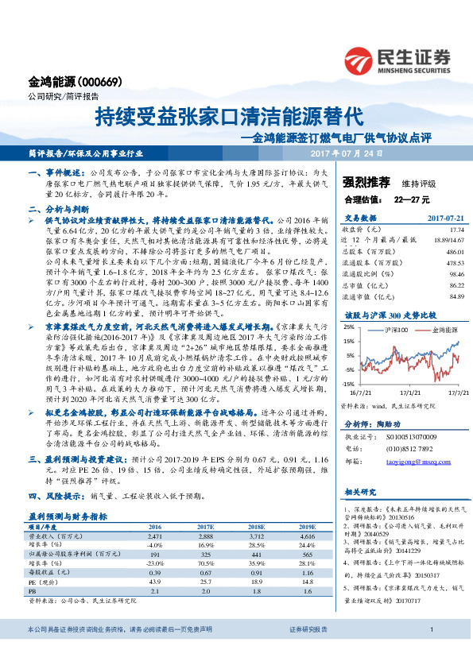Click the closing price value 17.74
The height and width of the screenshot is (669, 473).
coord(456,228)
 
